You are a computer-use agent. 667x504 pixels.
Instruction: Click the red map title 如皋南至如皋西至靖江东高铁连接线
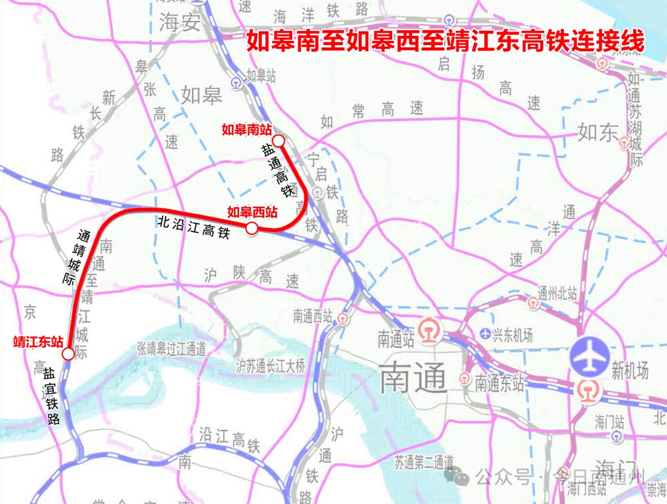tap(445, 42)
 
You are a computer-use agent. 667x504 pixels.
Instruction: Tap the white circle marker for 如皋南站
tap(279, 141)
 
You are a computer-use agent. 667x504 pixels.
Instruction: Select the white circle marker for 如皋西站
tap(251, 229)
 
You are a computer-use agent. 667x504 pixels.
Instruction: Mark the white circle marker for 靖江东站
tap(68, 354)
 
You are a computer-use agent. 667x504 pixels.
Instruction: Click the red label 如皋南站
tap(246, 130)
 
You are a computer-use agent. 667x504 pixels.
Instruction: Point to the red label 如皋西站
tap(252, 212)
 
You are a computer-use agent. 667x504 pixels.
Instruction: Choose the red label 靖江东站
tap(38, 342)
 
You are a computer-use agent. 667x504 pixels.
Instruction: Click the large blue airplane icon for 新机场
tap(590, 356)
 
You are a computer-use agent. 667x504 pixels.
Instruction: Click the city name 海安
tap(180, 23)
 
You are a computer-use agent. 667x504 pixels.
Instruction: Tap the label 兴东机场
tap(511, 335)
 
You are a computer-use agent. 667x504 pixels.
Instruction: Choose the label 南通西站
tap(313, 317)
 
